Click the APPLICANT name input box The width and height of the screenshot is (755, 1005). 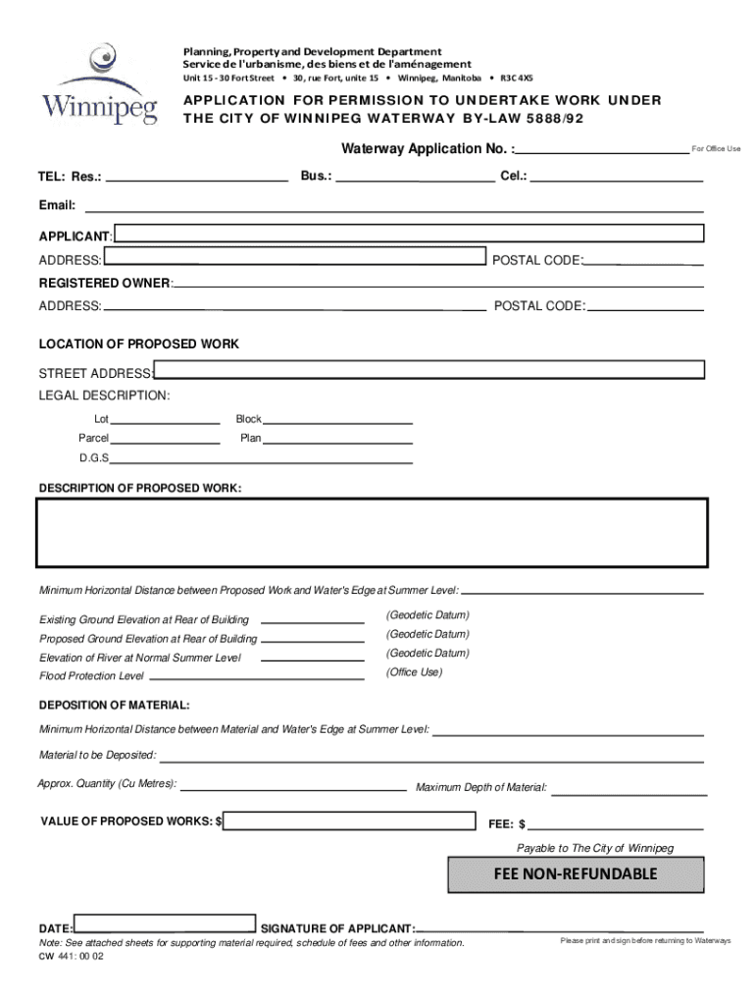coord(409,234)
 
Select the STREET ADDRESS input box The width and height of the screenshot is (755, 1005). coord(429,370)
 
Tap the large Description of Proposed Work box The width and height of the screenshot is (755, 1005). coord(372,533)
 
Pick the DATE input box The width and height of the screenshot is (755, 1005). coord(165,924)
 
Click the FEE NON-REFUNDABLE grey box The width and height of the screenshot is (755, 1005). coord(576,874)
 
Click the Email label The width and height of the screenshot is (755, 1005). coord(57,206)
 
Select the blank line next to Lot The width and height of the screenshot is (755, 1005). coord(167,420)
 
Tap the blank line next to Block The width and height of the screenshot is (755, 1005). coord(339,420)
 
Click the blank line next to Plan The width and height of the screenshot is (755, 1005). coord(339,439)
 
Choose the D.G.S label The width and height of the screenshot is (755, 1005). coord(94,458)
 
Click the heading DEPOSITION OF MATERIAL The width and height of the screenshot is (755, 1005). coord(115,706)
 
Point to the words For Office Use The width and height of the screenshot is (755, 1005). coord(716,149)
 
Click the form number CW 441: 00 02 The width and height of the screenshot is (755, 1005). coord(71,957)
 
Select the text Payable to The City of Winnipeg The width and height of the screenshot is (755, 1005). coord(595,848)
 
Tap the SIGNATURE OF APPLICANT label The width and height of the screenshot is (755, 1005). coord(337,928)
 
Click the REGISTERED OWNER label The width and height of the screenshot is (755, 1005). coord(104,283)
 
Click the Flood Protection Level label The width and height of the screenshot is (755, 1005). coord(91,676)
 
